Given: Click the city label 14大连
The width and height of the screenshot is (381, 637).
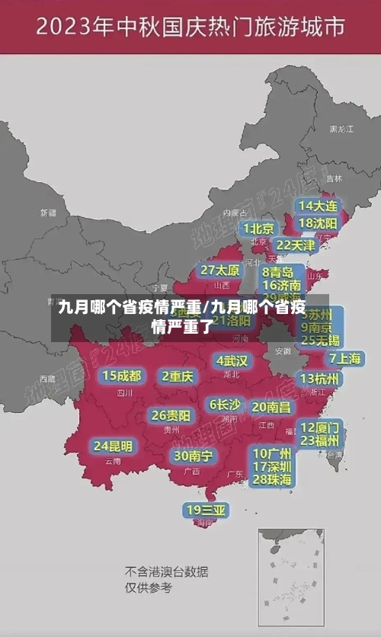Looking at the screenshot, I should (x=318, y=206).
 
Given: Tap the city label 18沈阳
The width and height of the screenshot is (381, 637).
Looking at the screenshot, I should (x=318, y=222).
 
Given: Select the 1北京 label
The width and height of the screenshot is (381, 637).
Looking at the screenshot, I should (x=258, y=228).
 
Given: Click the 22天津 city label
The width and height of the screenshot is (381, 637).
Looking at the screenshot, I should (x=295, y=245).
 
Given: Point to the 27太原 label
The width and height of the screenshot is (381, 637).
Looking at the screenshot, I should (x=220, y=270).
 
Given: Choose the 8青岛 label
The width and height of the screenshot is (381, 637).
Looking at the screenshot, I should (x=278, y=271).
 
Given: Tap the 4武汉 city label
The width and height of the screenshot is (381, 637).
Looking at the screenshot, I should (x=232, y=360).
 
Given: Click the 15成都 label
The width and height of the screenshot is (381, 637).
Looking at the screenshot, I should (x=122, y=375).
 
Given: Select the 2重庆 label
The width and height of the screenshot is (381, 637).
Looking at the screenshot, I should (x=178, y=376).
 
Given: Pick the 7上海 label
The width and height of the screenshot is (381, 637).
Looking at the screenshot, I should (x=344, y=358).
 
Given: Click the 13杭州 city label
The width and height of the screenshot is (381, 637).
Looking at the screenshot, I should (x=320, y=379).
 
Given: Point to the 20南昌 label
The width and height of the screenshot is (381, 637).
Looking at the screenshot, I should (x=271, y=407).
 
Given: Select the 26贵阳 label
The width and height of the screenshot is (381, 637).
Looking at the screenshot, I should (x=171, y=415).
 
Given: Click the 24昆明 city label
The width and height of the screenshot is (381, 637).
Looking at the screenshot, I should (x=113, y=445).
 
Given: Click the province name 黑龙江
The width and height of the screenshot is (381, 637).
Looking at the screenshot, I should (x=341, y=130).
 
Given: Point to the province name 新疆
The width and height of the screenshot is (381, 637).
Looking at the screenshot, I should (x=48, y=213).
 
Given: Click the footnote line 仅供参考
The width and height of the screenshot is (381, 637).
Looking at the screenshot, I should (x=149, y=587).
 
